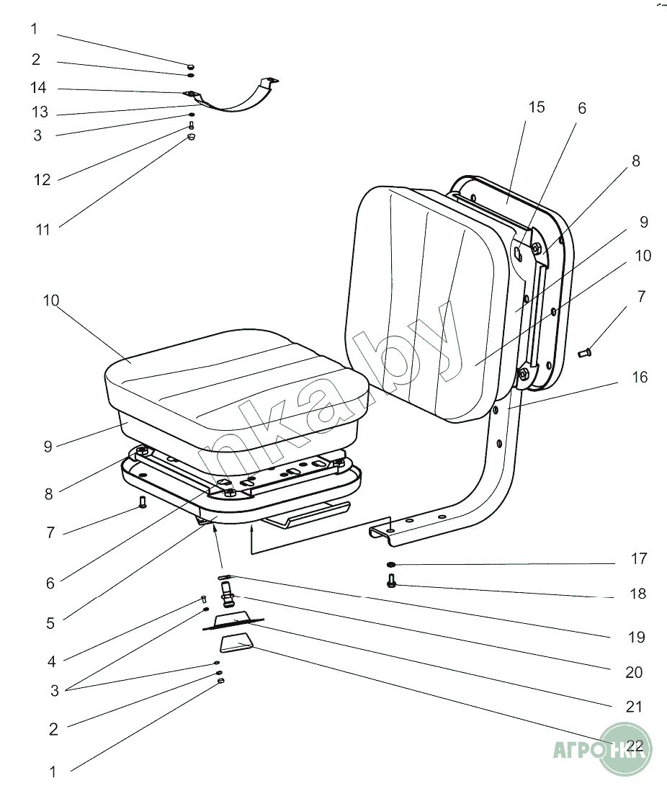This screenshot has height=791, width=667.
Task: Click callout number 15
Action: tap(536, 108)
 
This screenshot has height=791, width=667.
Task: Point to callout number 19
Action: tap(635, 638)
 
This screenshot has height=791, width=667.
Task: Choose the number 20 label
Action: tap(633, 673)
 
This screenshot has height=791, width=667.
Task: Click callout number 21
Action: tap(633, 707)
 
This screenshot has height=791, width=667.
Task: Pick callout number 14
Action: tap(38, 88)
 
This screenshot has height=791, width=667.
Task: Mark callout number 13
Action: tap(39, 112)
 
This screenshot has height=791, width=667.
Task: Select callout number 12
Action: tap(42, 180)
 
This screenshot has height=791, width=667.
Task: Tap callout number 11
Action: tap(42, 230)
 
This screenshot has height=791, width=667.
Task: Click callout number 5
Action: tap(50, 623)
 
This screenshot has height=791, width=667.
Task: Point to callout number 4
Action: tap(51, 660)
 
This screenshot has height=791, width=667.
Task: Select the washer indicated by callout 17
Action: tap(390, 564)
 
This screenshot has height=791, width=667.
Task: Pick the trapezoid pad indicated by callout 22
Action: tap(236, 643)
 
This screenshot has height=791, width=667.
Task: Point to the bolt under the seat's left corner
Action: tap(142, 503)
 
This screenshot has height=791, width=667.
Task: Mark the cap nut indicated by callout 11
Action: tap(192, 137)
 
